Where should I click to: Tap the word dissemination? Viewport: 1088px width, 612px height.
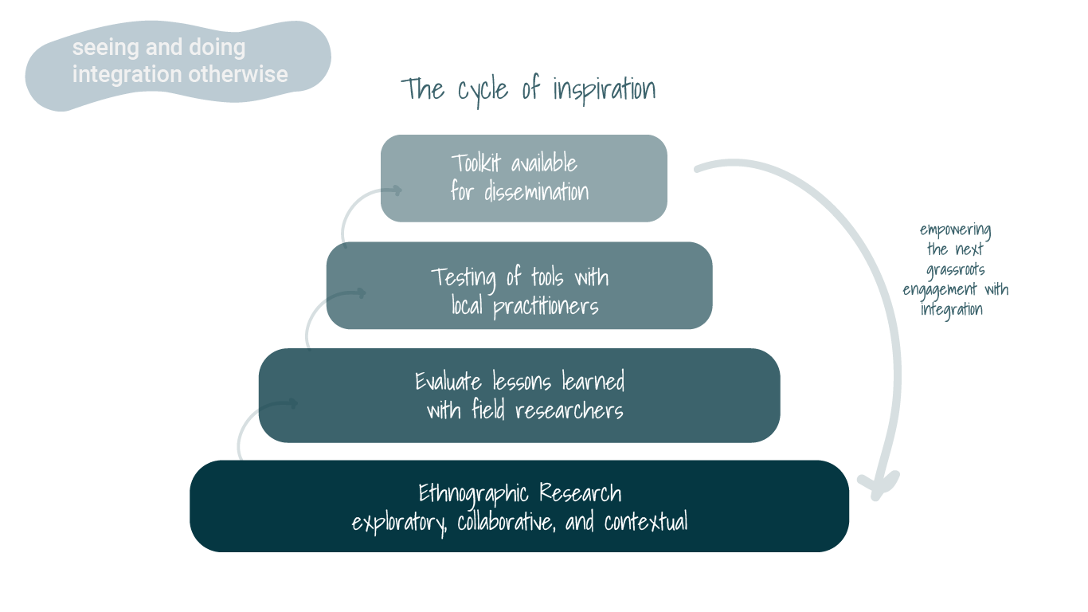(536, 192)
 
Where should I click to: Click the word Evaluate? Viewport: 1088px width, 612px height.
(448, 382)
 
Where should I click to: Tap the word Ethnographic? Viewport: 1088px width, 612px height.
(475, 493)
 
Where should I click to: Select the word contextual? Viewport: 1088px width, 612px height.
(646, 524)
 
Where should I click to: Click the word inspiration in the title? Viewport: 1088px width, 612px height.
(604, 90)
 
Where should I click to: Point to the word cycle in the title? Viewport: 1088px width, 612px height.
(483, 90)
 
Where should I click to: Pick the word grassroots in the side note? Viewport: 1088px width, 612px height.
(955, 270)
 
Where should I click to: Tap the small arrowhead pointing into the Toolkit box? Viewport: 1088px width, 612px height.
(396, 190)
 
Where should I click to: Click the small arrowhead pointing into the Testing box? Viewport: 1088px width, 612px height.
(360, 293)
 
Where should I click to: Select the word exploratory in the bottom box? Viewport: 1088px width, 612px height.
(398, 524)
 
